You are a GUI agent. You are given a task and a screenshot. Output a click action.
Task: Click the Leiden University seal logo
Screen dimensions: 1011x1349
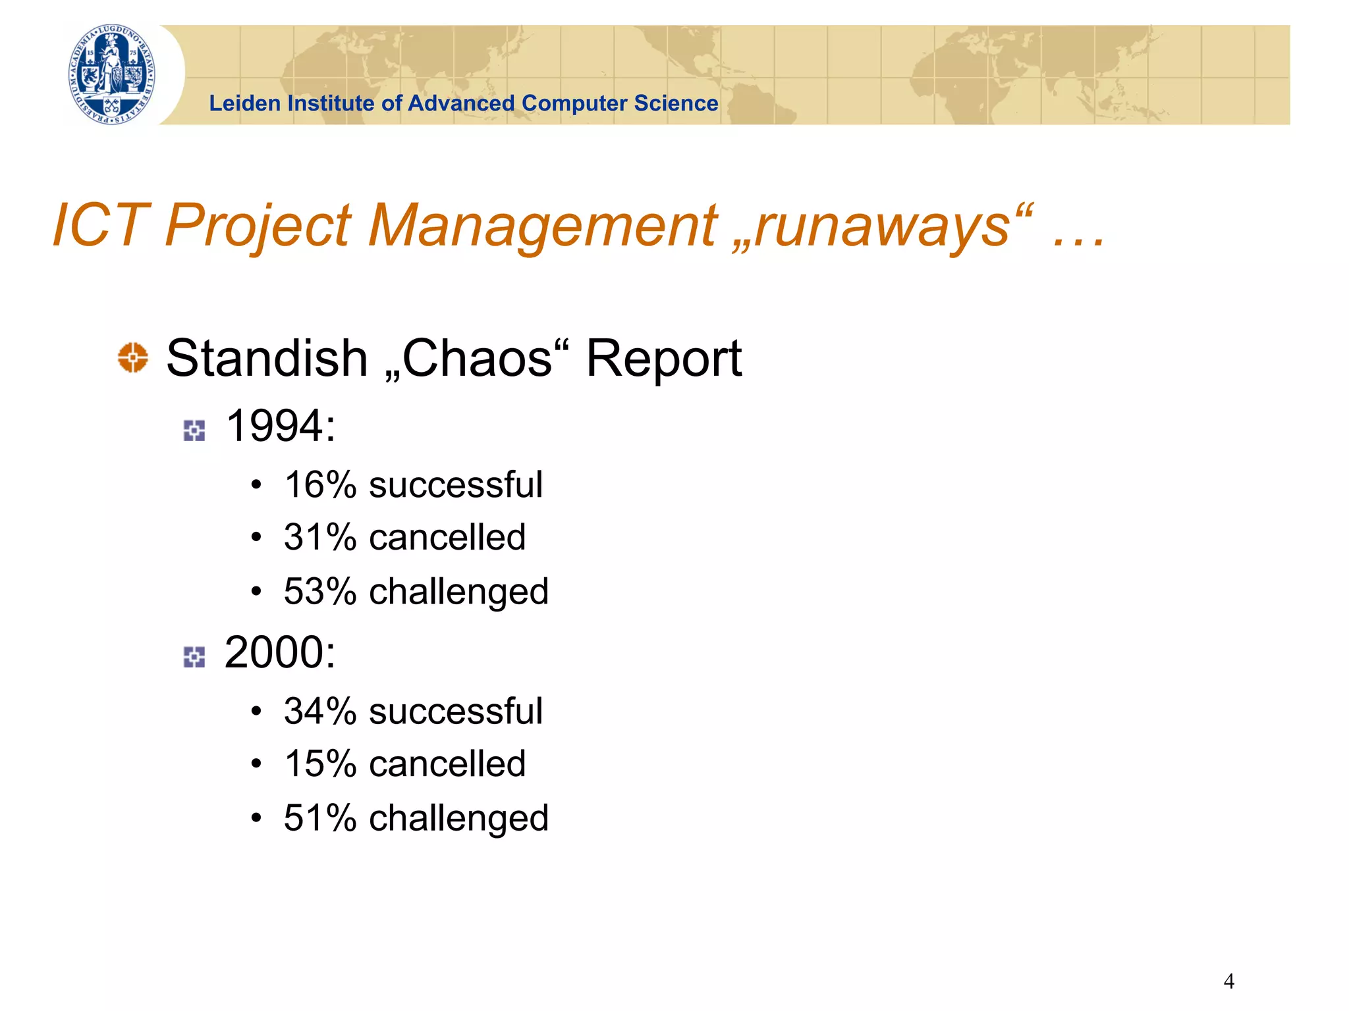[112, 74]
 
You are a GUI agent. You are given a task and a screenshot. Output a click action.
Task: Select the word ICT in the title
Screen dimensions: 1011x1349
[100, 225]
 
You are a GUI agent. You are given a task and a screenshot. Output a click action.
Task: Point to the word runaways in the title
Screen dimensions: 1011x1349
[883, 225]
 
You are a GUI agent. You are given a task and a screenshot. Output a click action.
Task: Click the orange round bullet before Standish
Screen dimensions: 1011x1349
[133, 357]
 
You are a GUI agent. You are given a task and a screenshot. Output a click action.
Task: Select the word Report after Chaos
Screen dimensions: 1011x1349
[663, 359]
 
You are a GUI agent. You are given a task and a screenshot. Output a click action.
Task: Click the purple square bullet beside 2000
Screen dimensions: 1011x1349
[194, 656]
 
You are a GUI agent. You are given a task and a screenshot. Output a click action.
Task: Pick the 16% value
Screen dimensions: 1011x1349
[320, 485]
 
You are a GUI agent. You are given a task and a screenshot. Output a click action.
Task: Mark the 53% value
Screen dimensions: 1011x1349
[320, 591]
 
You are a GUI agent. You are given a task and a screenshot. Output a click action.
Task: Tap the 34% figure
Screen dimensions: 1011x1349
[320, 712]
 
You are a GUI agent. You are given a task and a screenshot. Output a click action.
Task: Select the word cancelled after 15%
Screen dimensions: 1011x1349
[447, 764]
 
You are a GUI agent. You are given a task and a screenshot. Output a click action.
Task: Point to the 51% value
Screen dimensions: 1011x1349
[320, 818]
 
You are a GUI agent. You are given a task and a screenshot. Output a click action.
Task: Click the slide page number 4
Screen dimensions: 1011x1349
[1228, 981]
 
